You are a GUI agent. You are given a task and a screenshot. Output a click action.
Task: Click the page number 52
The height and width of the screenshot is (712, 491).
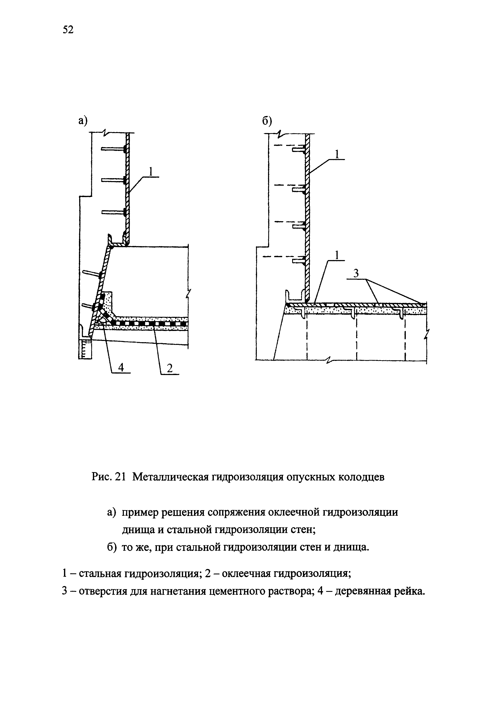68,30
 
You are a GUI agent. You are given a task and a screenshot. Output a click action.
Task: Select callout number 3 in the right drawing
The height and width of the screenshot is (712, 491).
356,273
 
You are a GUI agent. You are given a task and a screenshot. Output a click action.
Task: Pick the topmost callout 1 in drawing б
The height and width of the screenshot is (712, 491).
337,154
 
